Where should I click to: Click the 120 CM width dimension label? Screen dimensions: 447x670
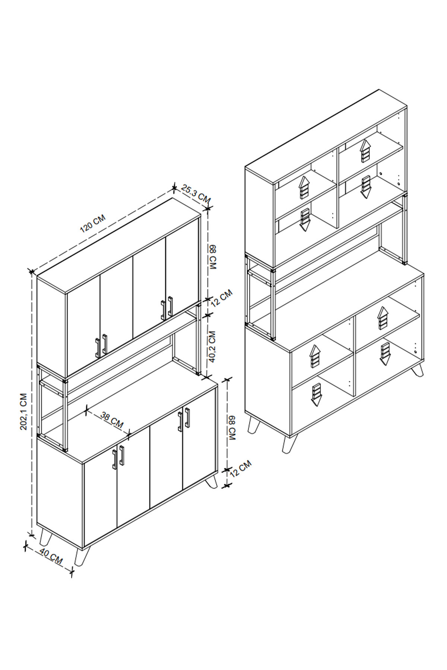93,223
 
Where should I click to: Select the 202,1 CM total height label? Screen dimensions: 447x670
24,411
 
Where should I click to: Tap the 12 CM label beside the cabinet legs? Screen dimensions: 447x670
241,469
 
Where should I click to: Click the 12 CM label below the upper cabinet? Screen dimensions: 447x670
221,297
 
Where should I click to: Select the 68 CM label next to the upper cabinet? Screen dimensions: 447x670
213,257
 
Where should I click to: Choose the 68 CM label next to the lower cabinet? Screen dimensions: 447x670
232,428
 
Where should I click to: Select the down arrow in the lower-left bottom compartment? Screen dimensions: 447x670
316,395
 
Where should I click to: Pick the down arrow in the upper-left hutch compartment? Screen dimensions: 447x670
305,220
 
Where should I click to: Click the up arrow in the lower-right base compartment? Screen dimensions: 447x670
383,318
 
